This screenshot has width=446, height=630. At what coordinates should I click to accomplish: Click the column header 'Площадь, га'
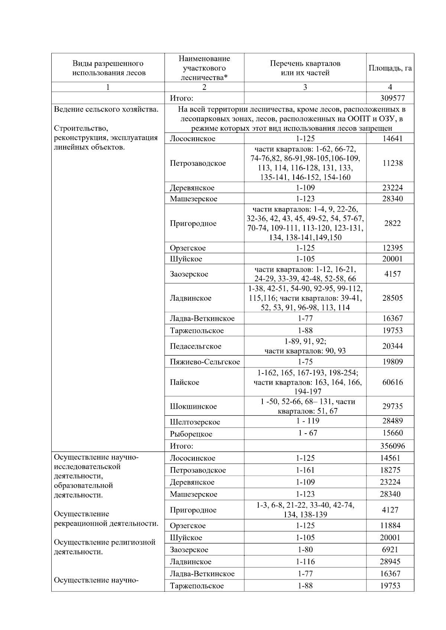click(390, 68)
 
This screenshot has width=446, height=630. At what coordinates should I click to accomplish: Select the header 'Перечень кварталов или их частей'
click(305, 68)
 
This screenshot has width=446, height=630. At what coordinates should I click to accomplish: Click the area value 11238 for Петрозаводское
click(392, 163)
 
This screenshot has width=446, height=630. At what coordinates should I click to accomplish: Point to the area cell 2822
click(392, 223)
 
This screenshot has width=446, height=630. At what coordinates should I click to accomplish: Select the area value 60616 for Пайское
click(392, 382)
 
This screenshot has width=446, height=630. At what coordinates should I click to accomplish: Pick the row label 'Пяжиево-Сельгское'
click(205, 362)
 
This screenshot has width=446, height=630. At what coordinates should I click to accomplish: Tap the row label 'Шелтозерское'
click(195, 422)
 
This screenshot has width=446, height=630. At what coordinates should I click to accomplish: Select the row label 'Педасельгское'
click(195, 346)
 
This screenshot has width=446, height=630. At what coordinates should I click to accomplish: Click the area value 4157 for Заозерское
click(392, 274)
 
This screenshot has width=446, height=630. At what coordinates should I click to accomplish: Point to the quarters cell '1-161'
click(305, 470)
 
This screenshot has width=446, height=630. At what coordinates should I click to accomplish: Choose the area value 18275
click(390, 470)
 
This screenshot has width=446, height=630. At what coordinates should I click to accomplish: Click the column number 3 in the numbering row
click(305, 87)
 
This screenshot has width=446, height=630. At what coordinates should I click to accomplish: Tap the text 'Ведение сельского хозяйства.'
click(106, 110)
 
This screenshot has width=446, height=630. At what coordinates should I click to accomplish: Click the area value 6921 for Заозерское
click(390, 550)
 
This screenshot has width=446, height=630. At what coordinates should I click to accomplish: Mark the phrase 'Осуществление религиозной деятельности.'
click(104, 547)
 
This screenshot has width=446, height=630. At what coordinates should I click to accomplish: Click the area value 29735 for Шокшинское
click(392, 407)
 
